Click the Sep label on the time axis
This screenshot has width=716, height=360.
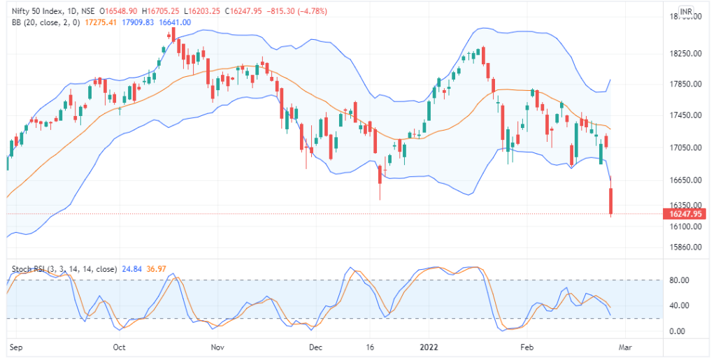click(x=15, y=346)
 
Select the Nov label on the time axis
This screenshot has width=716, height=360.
click(x=217, y=346)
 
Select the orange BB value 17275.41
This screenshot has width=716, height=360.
click(x=99, y=22)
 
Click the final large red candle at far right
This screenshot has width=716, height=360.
click(x=611, y=201)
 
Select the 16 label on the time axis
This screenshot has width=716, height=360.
click(x=371, y=346)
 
